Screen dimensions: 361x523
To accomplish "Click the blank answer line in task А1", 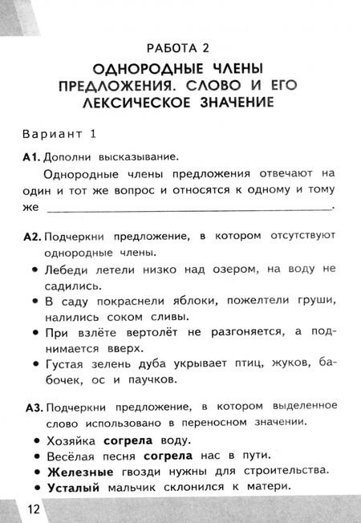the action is click(x=189, y=209).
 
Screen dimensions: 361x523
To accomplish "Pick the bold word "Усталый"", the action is click(x=72, y=487).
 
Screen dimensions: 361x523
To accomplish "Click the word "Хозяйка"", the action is click(x=72, y=440).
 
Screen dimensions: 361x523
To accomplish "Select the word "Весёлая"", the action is click(x=73, y=456).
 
